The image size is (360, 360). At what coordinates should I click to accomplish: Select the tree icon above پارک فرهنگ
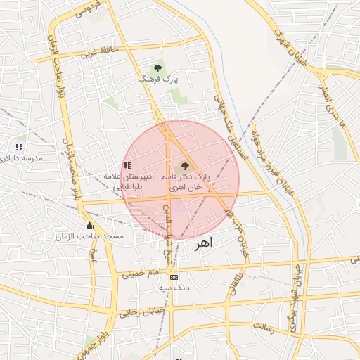tap(158, 69)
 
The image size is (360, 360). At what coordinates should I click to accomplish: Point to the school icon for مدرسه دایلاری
tap(19, 148)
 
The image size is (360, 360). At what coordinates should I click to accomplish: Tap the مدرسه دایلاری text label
tap(22, 158)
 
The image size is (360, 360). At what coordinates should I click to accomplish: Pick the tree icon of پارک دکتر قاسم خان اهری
tap(185, 167)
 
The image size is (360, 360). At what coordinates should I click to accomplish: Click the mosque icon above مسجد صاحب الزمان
tap(89, 226)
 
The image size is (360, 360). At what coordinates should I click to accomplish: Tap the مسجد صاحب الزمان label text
tap(94, 236)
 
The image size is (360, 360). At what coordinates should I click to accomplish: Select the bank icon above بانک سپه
tap(174, 278)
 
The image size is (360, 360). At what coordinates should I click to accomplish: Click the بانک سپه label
tap(174, 288)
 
